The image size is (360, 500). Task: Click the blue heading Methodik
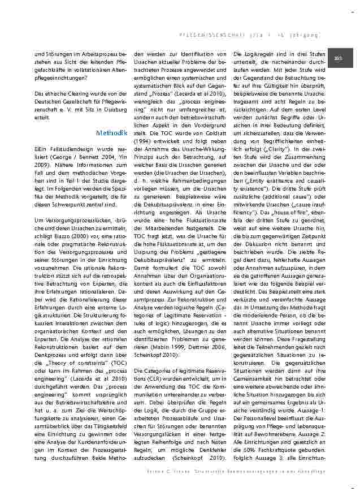pyautogui.click(x=111, y=133)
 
